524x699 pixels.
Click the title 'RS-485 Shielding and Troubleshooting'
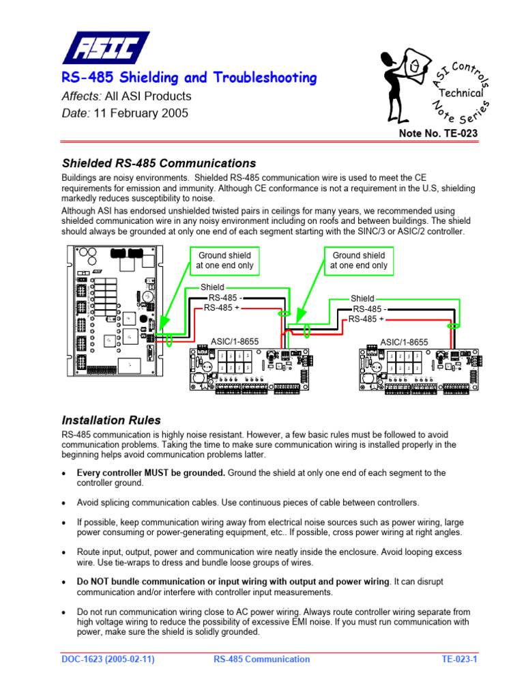coord(189,78)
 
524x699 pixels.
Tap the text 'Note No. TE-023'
coord(438,134)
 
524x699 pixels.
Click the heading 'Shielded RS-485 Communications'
coord(159,164)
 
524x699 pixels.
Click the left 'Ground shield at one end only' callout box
coord(224,260)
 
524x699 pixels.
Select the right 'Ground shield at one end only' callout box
coord(359,260)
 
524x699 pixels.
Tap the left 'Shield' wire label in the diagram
coord(212,287)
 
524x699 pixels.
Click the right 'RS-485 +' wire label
coord(366,319)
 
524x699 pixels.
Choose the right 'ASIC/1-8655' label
coord(404,342)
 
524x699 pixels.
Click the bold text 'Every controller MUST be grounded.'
coord(151,472)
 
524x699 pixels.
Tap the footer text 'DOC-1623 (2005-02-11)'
coord(106,659)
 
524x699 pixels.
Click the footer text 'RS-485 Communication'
coord(261,659)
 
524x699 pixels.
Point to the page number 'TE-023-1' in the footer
coord(458,659)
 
